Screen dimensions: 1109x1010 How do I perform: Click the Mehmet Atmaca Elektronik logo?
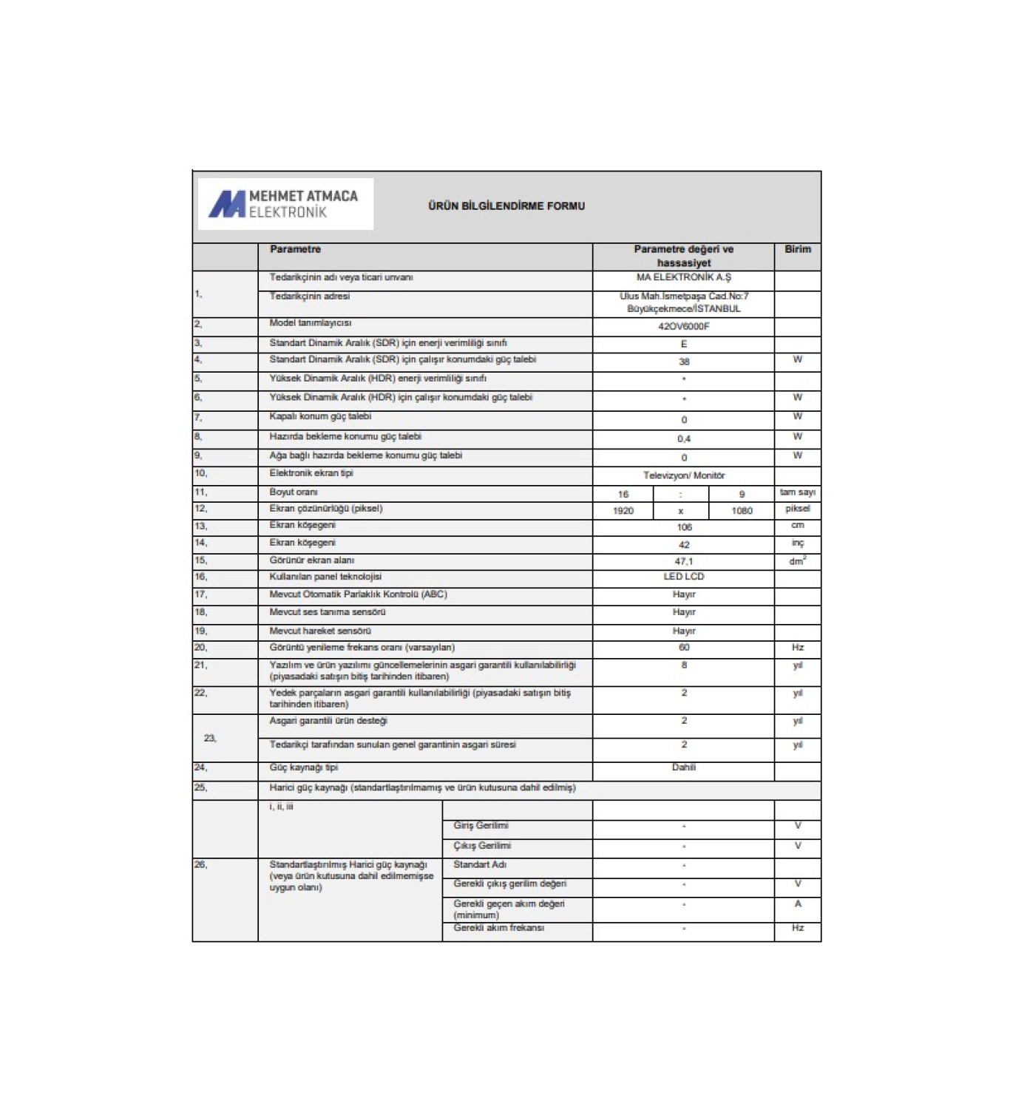[285, 204]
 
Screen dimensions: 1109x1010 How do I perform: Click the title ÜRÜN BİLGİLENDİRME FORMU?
[506, 206]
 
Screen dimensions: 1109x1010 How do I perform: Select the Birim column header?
[797, 250]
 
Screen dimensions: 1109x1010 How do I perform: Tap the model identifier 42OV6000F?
[683, 326]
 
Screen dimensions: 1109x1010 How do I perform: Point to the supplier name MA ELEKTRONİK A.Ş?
[683, 278]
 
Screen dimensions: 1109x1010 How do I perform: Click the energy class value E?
[683, 344]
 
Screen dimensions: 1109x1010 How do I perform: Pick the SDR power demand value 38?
[683, 362]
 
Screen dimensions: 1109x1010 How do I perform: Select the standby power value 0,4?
[683, 439]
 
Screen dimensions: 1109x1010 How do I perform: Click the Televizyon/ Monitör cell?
[683, 475]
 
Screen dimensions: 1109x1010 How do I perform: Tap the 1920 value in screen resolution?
[623, 511]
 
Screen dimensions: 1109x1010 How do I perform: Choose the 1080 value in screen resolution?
[742, 511]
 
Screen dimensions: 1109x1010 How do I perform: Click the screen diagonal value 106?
[683, 527]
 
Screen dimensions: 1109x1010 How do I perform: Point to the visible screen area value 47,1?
[683, 562]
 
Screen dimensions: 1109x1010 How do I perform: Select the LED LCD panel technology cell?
[683, 577]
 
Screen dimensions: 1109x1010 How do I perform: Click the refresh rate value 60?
[683, 648]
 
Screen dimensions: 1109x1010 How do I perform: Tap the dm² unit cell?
[797, 562]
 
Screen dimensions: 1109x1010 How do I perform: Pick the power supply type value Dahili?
[683, 768]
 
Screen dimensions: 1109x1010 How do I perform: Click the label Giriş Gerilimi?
[481, 826]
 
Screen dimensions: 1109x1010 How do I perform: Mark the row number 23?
[210, 738]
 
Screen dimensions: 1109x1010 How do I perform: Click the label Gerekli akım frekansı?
[498, 928]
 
